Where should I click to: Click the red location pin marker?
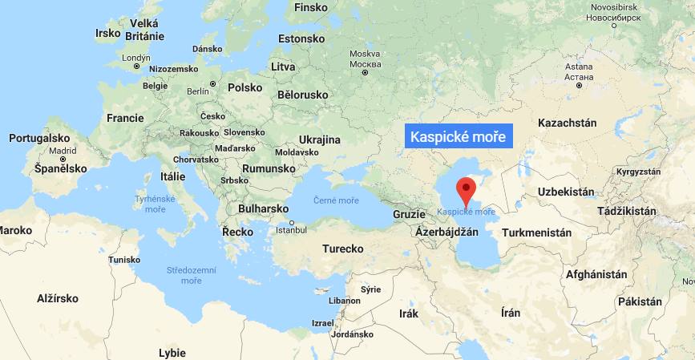tap(466, 191)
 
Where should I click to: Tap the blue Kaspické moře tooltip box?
tap(458, 137)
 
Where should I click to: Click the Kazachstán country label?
tap(568, 123)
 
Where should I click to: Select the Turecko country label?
tap(343, 249)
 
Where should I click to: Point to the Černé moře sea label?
tap(336, 200)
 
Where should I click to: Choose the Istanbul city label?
tap(291, 230)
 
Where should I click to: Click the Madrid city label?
tap(63, 151)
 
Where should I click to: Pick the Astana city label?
tap(578, 73)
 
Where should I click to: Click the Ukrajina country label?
tap(319, 140)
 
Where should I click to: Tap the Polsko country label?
tap(245, 88)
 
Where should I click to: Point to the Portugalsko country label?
tap(40, 138)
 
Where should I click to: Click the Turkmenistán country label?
tap(536, 233)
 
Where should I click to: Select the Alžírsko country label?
tap(58, 297)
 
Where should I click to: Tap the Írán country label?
tap(510, 313)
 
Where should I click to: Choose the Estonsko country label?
tap(301, 38)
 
